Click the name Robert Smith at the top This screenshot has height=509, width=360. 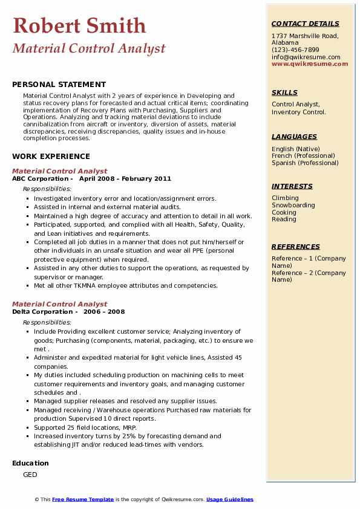(79, 25)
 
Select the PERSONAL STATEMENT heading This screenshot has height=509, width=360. (59, 85)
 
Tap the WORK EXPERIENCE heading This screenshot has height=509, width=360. (51, 156)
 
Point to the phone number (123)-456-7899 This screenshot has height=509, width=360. (295, 50)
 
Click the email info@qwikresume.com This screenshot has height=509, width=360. (306, 57)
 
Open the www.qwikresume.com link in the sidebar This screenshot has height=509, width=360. (306, 63)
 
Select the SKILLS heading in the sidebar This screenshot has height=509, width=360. (284, 92)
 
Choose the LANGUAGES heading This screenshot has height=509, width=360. (294, 137)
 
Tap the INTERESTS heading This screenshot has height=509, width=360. (292, 186)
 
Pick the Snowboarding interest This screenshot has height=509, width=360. (293, 205)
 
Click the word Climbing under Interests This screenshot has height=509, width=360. (285, 198)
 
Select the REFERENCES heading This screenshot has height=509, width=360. (296, 247)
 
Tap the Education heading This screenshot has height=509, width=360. (30, 463)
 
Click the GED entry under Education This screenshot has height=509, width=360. (30, 475)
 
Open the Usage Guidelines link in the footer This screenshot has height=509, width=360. (230, 499)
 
